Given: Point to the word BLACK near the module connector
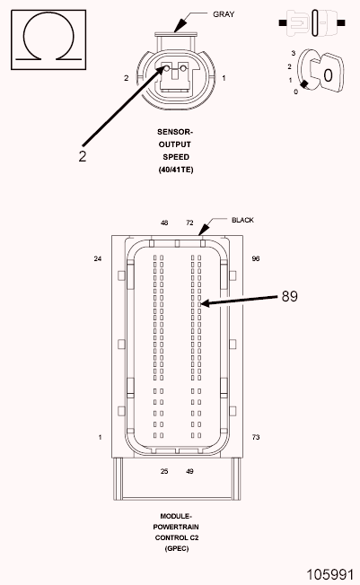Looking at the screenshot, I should click(x=242, y=220).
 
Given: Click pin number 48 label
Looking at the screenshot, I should click(x=164, y=222).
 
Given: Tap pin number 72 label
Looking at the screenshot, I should click(x=189, y=222).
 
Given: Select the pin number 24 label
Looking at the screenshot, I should click(x=98, y=258).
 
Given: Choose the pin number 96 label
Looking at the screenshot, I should click(x=256, y=258).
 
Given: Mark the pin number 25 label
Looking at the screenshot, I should click(x=164, y=471).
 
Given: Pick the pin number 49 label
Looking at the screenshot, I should click(x=189, y=471).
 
